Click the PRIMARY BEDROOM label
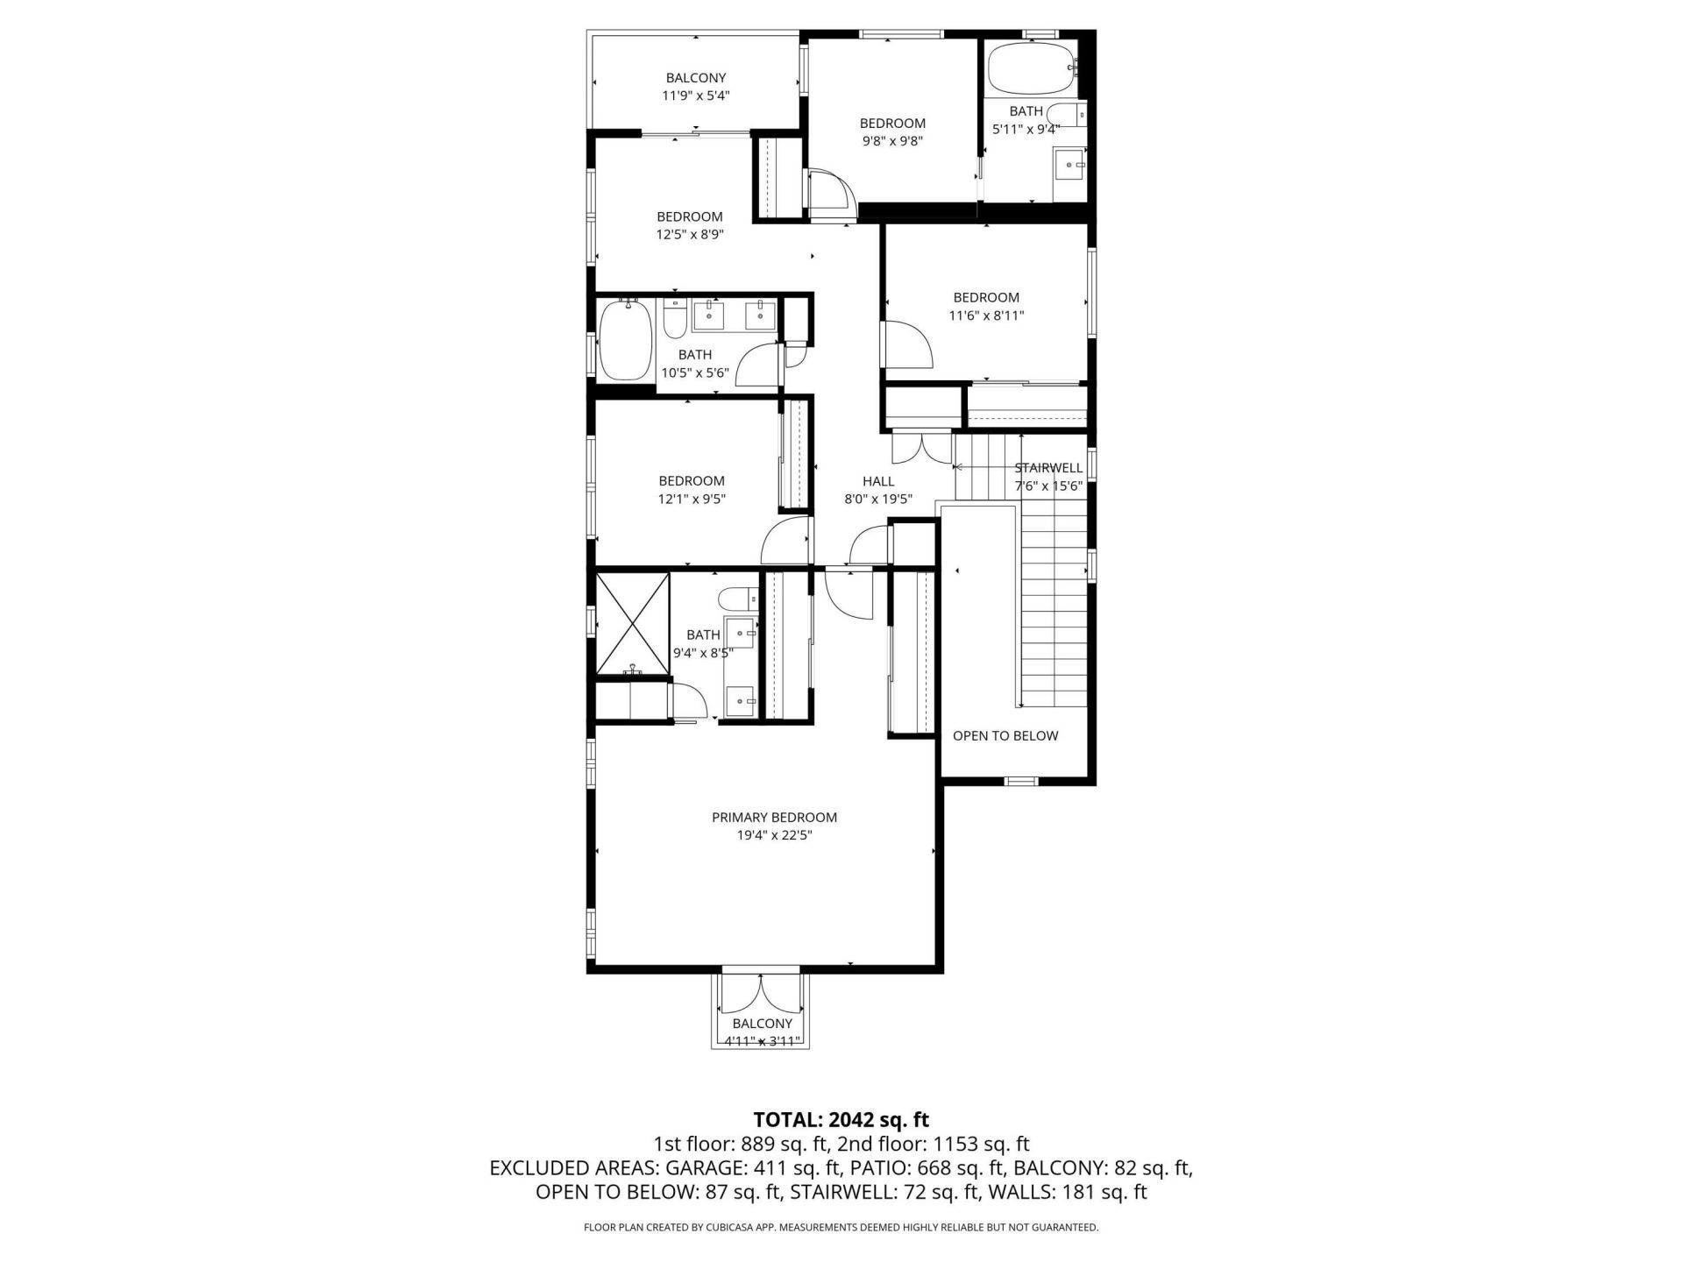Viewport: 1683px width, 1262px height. coord(774,817)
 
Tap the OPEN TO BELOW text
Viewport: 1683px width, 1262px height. coord(1005,735)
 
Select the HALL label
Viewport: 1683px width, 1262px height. coord(877,480)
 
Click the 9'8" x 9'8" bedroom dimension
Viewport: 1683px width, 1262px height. coord(891,141)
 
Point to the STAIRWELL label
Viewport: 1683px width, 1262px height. coord(1048,468)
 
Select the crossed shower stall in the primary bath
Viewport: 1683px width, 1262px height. coord(633,624)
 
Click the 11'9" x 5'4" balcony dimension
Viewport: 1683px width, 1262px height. coord(695,96)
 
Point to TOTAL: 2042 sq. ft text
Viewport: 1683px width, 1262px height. coord(841,1119)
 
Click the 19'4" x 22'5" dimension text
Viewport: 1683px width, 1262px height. coord(774,835)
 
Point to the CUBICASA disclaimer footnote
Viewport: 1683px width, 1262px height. coord(841,1228)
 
